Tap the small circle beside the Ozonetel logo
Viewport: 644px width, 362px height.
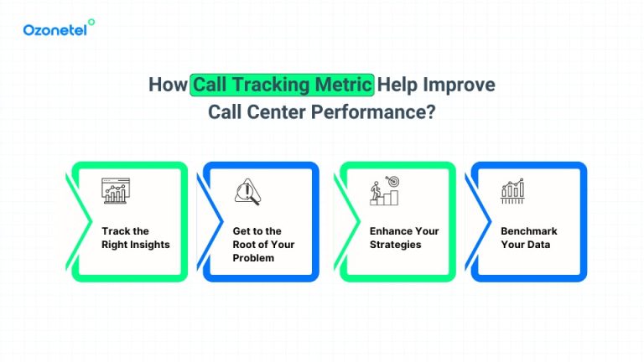pos(91,23)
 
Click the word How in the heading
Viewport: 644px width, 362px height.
pos(168,85)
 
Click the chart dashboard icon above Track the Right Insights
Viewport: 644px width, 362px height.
pos(115,190)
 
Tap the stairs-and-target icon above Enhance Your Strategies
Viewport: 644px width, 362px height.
pos(384,190)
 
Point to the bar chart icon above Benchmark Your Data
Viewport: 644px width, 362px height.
pos(512,191)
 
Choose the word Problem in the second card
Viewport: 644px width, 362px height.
pos(253,258)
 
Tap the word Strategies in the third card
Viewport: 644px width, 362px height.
pos(396,245)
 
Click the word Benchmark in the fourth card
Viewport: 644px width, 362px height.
pos(529,231)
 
